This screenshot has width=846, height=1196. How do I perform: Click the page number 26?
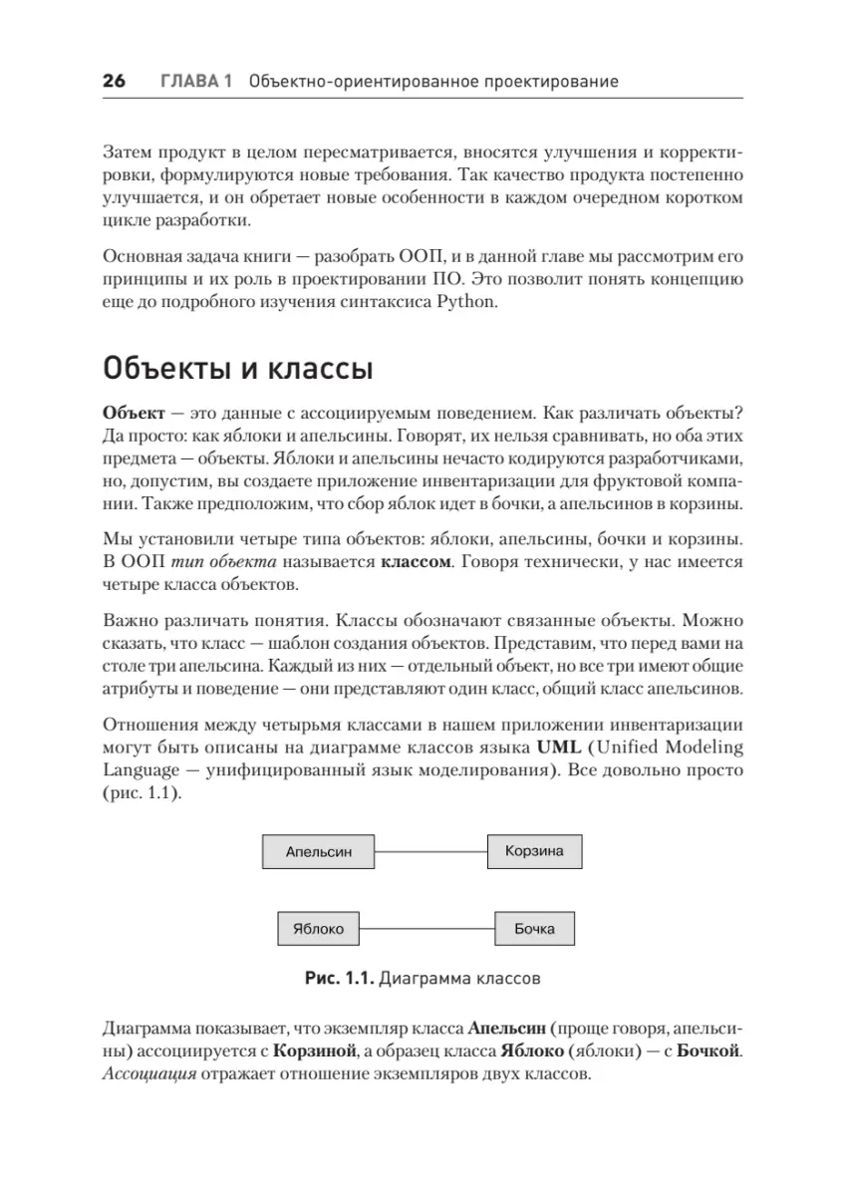[114, 82]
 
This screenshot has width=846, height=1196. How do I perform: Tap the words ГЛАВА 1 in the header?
[196, 82]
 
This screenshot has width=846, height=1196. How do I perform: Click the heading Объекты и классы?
[238, 370]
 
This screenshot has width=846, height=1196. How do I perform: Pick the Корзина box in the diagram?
[534, 851]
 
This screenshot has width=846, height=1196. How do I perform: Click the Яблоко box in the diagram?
[318, 929]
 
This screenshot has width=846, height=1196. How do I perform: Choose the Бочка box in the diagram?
[534, 929]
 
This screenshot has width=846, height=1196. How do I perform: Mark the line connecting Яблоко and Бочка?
[426, 929]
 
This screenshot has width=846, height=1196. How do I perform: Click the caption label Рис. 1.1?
[341, 979]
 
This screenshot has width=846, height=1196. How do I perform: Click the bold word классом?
[414, 562]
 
